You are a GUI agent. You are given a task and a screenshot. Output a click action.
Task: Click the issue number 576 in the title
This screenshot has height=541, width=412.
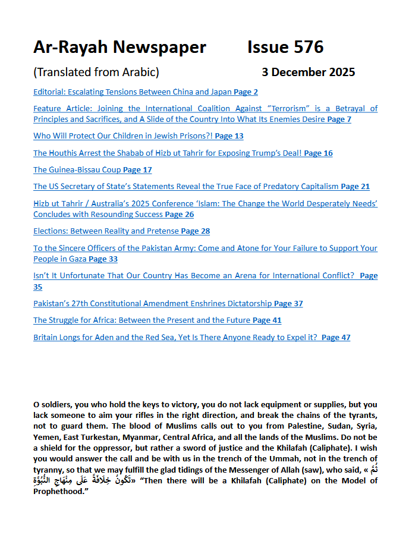pos(306,47)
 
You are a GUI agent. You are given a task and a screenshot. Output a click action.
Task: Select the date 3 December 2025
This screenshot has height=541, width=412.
pos(308,73)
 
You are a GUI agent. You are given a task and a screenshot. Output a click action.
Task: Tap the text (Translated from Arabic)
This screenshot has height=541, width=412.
pos(96,73)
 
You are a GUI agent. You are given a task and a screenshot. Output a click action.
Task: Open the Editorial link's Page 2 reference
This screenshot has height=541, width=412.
pos(246,92)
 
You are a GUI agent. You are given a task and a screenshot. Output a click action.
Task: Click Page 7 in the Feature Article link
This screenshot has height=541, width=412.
pos(339,119)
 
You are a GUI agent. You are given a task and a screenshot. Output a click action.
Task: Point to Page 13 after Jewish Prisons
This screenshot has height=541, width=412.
pos(229,136)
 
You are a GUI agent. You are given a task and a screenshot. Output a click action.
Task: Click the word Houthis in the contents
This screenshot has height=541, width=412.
pos(65,153)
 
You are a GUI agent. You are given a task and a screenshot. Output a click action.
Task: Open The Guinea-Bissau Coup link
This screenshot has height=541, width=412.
pos(77,170)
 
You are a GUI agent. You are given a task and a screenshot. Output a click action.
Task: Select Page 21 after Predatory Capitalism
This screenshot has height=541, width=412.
pos(355,187)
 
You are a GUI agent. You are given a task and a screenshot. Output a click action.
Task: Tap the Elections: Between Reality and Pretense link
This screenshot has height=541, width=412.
pos(106,231)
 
